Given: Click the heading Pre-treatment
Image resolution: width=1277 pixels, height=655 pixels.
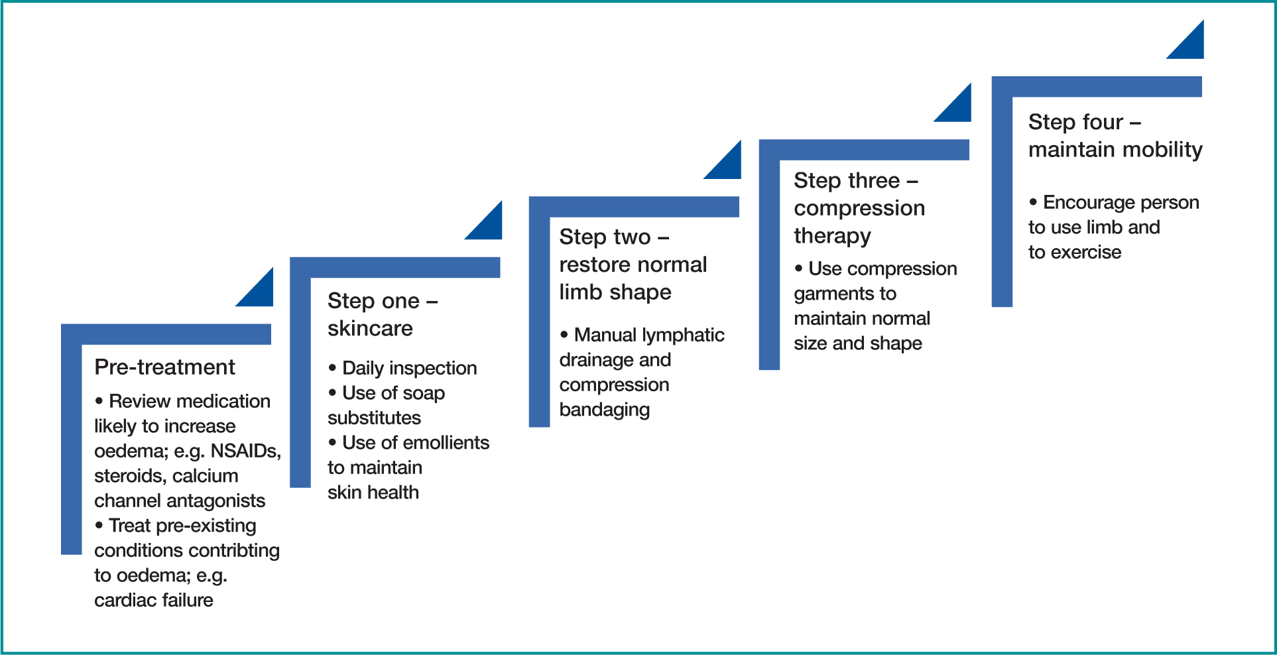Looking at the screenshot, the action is pyautogui.click(x=164, y=367).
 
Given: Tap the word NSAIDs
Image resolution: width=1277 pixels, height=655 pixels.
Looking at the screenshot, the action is pyautogui.click(x=246, y=451).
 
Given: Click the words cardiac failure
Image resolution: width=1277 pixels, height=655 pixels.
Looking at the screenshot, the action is pyautogui.click(x=154, y=600).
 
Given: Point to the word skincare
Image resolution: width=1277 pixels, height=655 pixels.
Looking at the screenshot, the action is pyautogui.click(x=370, y=328).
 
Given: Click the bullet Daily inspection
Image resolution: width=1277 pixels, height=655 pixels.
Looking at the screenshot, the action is pyautogui.click(x=402, y=368).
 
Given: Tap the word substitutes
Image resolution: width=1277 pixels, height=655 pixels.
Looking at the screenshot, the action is pyautogui.click(x=374, y=418).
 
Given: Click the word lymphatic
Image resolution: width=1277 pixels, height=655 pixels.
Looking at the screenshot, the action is pyautogui.click(x=683, y=335).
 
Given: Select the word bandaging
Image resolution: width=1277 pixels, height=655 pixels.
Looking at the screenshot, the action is pyautogui.click(x=605, y=410).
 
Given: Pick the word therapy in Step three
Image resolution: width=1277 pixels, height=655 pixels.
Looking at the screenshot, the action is pyautogui.click(x=833, y=236).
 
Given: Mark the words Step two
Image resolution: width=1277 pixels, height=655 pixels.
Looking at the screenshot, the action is pyautogui.click(x=605, y=237).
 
